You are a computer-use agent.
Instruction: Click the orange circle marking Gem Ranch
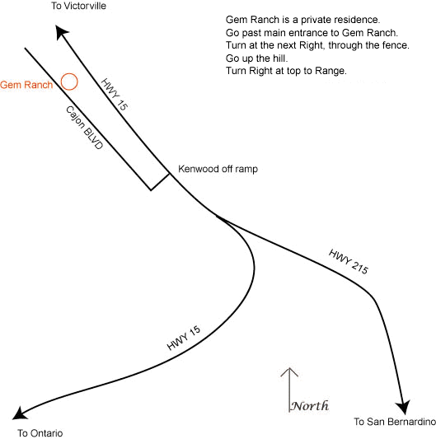pos(61,82)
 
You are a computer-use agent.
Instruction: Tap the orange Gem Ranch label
pos(26,85)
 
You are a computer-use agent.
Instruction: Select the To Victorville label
pos(78,6)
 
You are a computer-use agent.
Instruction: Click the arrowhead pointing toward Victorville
pos(61,31)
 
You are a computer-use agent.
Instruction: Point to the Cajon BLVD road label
pos(84,128)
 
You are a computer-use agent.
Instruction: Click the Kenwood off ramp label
pos(218,169)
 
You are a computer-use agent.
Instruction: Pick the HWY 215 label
pos(349,261)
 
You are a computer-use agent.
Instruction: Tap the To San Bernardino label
pos(395,422)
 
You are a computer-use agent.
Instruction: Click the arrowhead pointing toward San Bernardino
pos(403,407)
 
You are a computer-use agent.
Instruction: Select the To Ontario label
pos(40,433)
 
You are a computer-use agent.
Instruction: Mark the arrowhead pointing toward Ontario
pos(20,413)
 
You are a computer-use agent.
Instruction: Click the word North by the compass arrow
pos(310,405)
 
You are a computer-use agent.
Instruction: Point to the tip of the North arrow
pos(289,368)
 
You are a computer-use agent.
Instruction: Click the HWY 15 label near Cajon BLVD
pos(115,94)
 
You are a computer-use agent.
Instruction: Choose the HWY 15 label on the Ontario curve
pos(184,338)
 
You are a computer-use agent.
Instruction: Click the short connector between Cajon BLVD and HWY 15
pos(160,182)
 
